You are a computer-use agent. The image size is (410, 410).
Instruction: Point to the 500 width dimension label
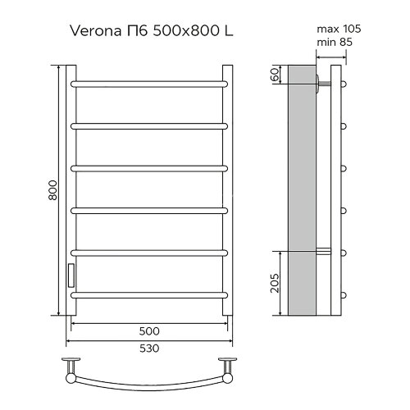pyautogui.click(x=148, y=330)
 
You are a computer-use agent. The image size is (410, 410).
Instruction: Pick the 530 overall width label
pyautogui.click(x=148, y=348)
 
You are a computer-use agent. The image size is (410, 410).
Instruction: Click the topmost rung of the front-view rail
pyautogui.click(x=148, y=83)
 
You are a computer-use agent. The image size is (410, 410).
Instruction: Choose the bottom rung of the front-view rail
pyautogui.click(x=148, y=294)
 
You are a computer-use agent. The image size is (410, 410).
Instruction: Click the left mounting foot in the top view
pyautogui.click(x=72, y=364)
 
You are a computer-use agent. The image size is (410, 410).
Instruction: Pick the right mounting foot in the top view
pyautogui.click(x=225, y=364)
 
